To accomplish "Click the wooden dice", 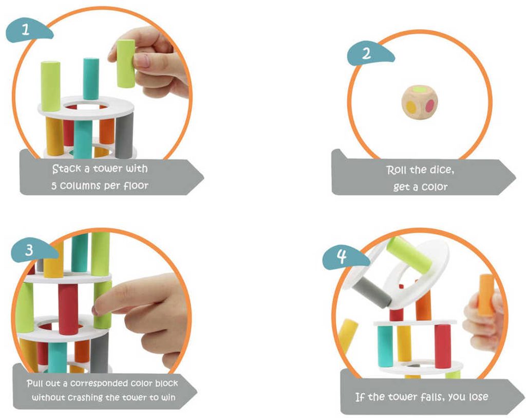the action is [x=420, y=102].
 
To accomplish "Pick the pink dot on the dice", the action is [x=430, y=106].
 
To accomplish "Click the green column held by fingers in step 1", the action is [x=126, y=63].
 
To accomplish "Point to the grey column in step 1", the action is [x=124, y=136].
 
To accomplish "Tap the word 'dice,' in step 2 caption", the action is [x=441, y=170].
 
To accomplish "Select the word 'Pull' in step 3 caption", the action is [x=35, y=383].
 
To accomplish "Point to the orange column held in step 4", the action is [x=486, y=295].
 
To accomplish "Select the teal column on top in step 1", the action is [x=91, y=79].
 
